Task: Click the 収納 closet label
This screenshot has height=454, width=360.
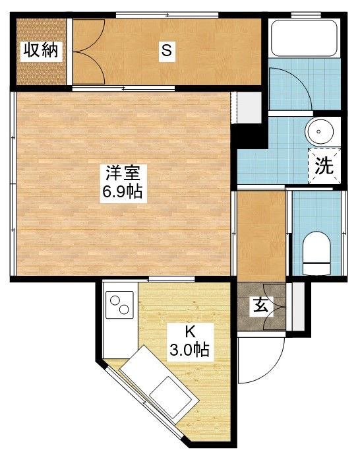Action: [x=40, y=50]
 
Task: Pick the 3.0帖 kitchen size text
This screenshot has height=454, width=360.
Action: [x=190, y=350]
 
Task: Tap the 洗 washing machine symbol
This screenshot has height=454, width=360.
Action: [x=324, y=166]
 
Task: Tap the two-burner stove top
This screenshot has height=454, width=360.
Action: [x=120, y=306]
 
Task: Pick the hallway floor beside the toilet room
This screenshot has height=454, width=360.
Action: [x=260, y=234]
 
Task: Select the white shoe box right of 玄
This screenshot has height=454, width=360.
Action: [x=299, y=305]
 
